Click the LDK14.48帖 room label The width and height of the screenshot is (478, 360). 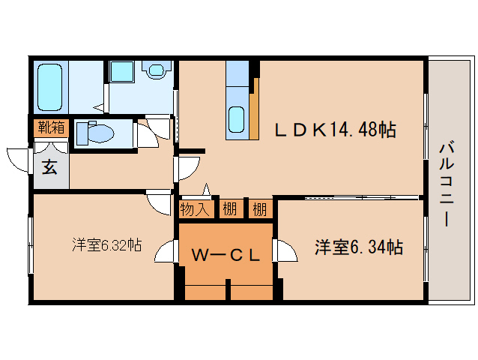[336, 130]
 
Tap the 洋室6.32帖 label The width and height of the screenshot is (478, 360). [107, 244]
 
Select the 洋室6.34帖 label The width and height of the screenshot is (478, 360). [359, 247]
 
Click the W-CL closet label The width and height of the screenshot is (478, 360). [226, 255]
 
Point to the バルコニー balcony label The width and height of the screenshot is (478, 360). [447, 184]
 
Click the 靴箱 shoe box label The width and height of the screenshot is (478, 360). [51, 127]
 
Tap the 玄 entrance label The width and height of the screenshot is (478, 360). [49, 167]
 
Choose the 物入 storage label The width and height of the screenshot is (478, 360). [195, 209]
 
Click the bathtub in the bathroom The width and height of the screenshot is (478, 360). [49, 87]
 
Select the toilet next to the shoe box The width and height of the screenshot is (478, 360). [95, 133]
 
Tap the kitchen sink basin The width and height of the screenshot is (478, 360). [236, 119]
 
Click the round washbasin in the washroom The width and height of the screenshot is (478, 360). [157, 70]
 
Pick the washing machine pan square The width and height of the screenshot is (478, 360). [121, 72]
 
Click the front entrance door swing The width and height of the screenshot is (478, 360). [18, 160]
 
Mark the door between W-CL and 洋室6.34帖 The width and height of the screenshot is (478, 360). [285, 250]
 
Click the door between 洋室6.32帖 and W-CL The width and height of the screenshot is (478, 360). [167, 250]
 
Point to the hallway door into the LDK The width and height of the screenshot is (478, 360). [188, 169]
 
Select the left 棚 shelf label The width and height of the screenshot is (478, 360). [230, 209]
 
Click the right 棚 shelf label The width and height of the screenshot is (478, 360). [260, 209]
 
